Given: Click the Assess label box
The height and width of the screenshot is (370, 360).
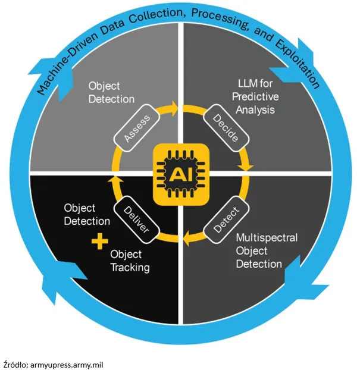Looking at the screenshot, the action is (x=137, y=128).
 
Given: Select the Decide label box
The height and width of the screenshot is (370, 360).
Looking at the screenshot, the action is (x=226, y=128).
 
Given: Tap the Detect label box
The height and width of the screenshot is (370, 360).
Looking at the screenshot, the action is (x=226, y=220).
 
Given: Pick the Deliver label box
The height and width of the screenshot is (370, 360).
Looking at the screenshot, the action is (x=136, y=220).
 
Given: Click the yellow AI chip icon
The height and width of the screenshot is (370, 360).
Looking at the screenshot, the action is (x=181, y=174).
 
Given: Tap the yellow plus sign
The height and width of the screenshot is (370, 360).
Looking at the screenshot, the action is (x=100, y=241).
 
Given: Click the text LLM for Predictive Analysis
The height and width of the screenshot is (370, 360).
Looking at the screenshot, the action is (x=255, y=97).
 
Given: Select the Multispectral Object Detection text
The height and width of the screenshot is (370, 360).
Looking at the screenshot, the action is (x=267, y=251).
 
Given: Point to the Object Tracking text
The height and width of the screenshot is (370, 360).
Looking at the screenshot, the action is (x=130, y=261).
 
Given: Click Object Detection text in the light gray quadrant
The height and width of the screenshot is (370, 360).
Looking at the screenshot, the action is (x=111, y=93).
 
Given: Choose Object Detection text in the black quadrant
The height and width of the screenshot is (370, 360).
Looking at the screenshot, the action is (x=87, y=215).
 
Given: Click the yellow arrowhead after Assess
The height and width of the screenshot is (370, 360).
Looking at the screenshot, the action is (x=174, y=109).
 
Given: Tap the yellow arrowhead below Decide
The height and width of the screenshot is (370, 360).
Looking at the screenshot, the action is (x=246, y=167).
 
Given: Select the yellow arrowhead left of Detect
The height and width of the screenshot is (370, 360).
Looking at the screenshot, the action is (x=187, y=238).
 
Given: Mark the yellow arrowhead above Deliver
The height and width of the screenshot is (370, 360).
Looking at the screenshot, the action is (x=115, y=180).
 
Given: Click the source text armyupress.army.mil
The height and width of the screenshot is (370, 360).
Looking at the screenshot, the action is (x=67, y=365).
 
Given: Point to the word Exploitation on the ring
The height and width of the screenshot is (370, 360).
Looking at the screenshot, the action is (x=298, y=64).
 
